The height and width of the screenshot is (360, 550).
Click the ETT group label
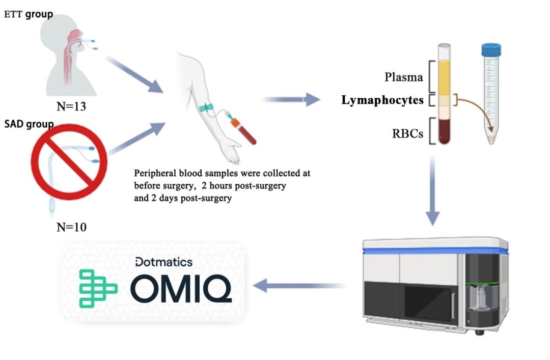tap(28, 14)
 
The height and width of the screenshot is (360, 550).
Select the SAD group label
tap(29, 124)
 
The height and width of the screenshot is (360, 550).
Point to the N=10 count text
tap(71, 227)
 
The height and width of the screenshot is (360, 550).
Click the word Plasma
tap(404, 77)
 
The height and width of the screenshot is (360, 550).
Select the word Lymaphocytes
tap(382, 101)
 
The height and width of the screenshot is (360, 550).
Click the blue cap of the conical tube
tap(491, 49)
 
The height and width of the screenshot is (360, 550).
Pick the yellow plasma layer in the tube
tap(444, 77)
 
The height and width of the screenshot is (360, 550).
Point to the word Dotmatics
tap(164, 262)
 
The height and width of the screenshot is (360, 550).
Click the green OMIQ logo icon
tap(98, 289)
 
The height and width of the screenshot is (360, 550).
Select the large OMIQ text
tap(181, 289)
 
